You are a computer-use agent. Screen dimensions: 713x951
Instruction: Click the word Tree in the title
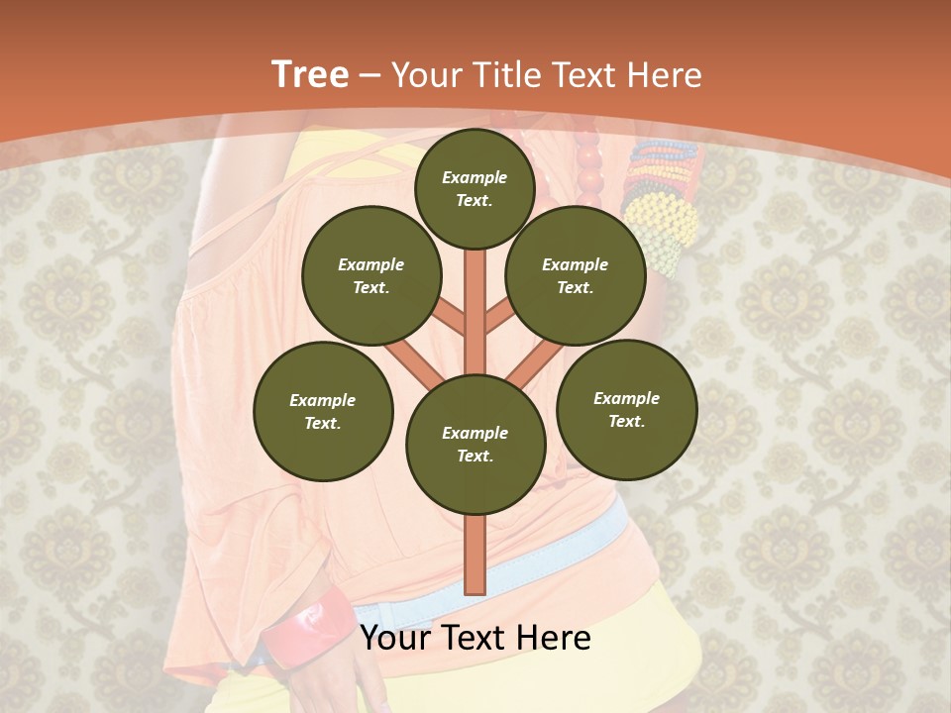pos(310,74)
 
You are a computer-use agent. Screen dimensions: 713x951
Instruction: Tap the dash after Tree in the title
pos(370,76)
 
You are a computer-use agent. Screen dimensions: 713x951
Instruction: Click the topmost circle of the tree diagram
pos(475,188)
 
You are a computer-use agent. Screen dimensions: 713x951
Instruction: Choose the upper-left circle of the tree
pos(370,276)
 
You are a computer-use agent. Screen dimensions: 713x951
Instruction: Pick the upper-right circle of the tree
pos(575,276)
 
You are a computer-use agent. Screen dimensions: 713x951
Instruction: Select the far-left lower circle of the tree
pos(323,411)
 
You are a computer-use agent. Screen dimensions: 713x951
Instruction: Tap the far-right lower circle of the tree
pos(626,409)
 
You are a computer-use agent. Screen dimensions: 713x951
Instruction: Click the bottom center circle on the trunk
pos(475,444)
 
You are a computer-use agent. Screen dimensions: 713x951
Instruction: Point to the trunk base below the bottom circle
pos(475,555)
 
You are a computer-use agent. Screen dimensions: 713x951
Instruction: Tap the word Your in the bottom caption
pos(393,639)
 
